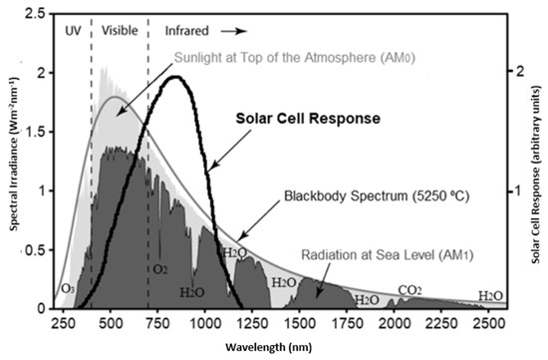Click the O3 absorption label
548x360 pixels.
coord(68,289)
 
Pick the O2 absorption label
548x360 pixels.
coord(159,269)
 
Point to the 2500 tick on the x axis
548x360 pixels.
coord(488,324)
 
